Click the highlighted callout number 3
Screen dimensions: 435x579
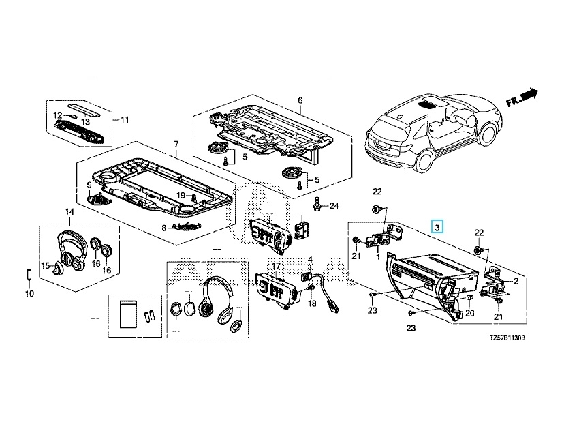(x=438, y=226)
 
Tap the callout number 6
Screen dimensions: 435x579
(x=300, y=101)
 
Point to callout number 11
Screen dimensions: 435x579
(x=124, y=120)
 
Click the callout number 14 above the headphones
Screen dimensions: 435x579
(x=69, y=213)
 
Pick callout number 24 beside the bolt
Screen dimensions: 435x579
(x=334, y=205)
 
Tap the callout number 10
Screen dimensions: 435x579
(x=29, y=294)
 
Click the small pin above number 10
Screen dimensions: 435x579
(x=29, y=275)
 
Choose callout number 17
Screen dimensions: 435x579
(x=277, y=265)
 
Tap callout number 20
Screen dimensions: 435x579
(x=469, y=313)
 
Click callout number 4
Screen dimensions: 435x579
(x=310, y=259)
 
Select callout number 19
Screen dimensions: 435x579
(x=181, y=195)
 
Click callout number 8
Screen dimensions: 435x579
(x=163, y=228)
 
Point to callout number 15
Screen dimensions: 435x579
(x=45, y=265)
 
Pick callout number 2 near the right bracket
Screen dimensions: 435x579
(x=515, y=281)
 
